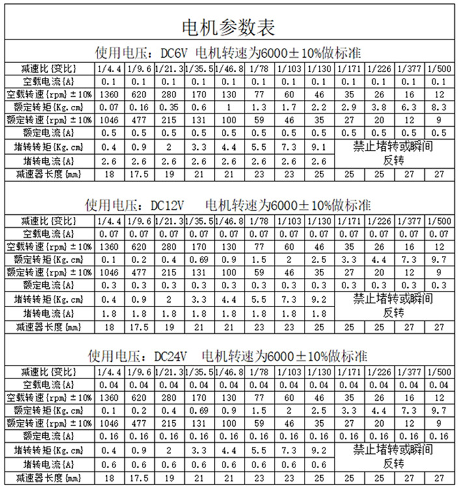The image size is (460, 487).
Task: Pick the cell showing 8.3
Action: click(438, 106)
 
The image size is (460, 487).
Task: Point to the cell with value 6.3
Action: click(408, 106)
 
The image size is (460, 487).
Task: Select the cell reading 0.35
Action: click(169, 106)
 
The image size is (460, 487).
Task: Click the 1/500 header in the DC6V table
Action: click(438, 68)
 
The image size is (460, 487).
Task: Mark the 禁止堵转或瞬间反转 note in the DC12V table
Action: click(394, 305)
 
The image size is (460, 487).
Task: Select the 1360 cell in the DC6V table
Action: click(109, 94)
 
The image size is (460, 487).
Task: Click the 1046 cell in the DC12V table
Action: click(109, 272)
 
